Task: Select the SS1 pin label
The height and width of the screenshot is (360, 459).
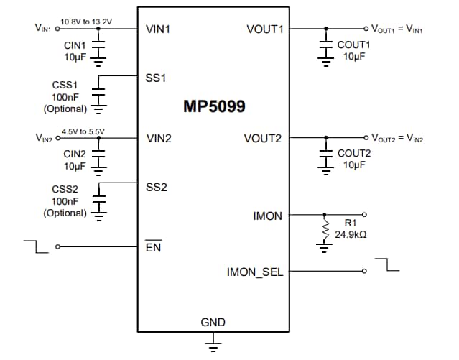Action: [x=155, y=76]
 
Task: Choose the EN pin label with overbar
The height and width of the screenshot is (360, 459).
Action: [x=152, y=247]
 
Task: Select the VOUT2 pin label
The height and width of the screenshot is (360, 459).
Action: [x=264, y=138]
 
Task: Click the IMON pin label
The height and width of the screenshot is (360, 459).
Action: [x=268, y=215]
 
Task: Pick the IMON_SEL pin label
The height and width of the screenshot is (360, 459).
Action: [x=255, y=272]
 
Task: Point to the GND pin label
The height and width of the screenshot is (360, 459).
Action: [x=213, y=323]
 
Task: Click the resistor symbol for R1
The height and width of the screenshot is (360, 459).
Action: [x=325, y=231]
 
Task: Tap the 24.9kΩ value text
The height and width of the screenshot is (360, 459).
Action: [x=352, y=235]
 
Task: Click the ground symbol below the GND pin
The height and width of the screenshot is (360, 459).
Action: [x=213, y=346]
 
